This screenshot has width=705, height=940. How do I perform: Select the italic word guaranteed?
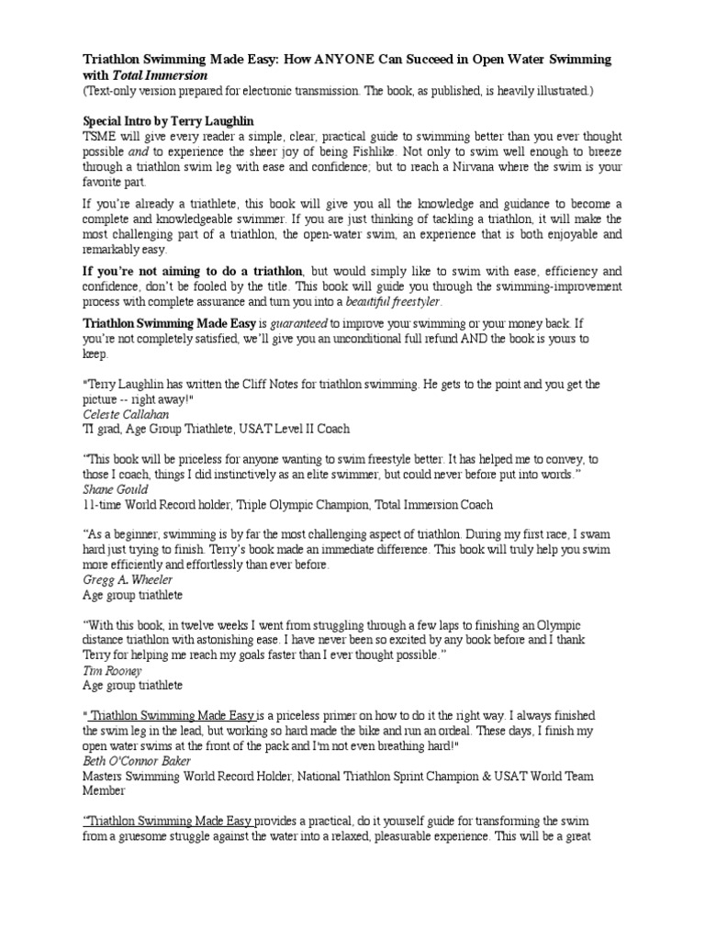point(298,323)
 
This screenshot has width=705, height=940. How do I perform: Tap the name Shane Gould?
point(115,489)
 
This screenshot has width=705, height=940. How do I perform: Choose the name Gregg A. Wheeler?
point(127,580)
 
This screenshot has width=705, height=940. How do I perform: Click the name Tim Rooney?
point(108,670)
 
